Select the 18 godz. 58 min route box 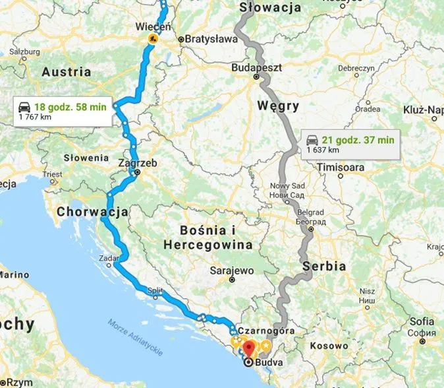[67, 110]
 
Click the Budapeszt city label [257, 67]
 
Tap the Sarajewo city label [232, 270]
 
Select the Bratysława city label [211, 39]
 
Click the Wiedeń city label [152, 27]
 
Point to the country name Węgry [278, 106]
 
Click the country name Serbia [324, 267]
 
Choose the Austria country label [66, 72]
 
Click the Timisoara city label [341, 168]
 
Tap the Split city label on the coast [155, 290]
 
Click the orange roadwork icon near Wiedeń [152, 40]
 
